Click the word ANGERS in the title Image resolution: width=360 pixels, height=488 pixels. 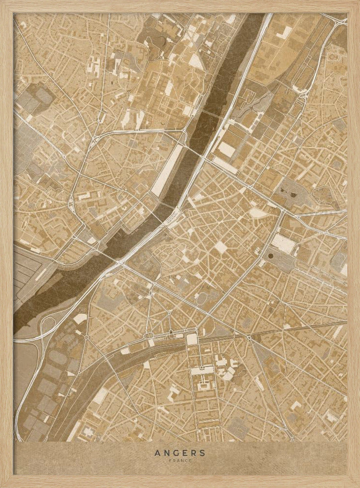pyautogui.click(x=180, y=452)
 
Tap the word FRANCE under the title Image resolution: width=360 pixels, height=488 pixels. pyautogui.click(x=180, y=460)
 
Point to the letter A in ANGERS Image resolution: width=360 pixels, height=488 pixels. pyautogui.click(x=157, y=452)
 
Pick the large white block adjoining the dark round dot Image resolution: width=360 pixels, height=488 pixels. pyautogui.click(x=283, y=244)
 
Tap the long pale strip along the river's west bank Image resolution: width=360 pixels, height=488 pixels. pyautogui.click(x=166, y=171)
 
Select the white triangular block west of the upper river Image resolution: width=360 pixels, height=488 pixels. pyautogui.click(x=195, y=61)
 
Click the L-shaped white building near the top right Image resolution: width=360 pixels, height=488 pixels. pyautogui.click(x=283, y=33)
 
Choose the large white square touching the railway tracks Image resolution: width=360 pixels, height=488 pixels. pyautogui.click(x=191, y=339)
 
